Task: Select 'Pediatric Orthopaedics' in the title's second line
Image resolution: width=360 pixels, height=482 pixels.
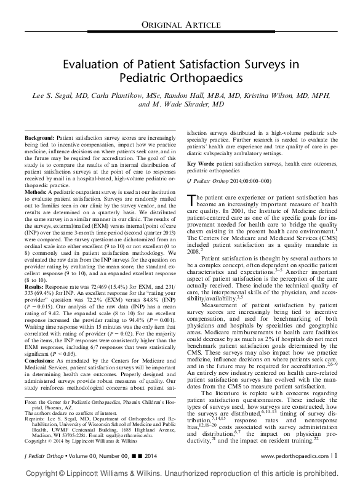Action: (x=180, y=79)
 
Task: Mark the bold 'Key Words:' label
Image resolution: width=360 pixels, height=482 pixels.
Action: (x=201, y=164)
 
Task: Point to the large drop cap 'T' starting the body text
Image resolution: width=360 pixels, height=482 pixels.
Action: (x=191, y=198)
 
